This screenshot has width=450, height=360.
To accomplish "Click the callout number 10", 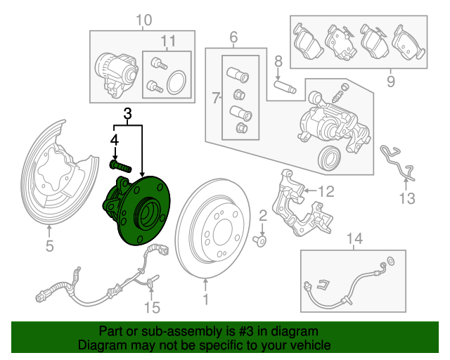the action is (x=143, y=20).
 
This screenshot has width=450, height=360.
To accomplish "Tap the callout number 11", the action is (x=168, y=41).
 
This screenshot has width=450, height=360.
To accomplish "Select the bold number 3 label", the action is (x=128, y=114).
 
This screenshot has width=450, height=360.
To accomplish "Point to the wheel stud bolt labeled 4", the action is (x=121, y=167).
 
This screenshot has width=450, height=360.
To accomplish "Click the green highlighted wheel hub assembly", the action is (x=136, y=210).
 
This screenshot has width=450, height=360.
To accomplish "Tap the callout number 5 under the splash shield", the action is (x=50, y=246).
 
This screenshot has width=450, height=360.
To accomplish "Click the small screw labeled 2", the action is (x=260, y=241).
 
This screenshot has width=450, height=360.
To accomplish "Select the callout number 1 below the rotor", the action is (x=205, y=300).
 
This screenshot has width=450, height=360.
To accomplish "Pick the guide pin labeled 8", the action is (x=285, y=87).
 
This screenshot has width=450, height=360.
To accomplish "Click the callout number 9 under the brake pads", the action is (x=391, y=82).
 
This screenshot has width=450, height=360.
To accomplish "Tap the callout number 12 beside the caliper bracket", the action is (x=326, y=191).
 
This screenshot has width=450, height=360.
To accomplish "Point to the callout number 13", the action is (x=408, y=198).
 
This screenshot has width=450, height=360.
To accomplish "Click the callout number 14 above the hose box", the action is (x=354, y=238).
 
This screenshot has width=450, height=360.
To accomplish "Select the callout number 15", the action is (x=152, y=308).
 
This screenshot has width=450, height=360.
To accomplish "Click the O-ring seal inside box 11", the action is (x=176, y=83).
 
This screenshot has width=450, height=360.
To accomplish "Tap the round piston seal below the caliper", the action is (x=330, y=158).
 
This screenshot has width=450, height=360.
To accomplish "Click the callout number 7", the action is (x=216, y=98).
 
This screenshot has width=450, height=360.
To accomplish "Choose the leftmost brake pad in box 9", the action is (x=308, y=41).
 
